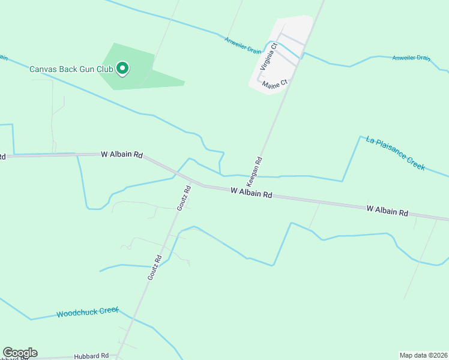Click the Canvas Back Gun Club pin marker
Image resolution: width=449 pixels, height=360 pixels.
[x=122, y=69]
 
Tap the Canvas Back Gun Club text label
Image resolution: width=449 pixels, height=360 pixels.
[x=71, y=70]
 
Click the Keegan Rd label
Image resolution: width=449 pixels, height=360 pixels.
[x=255, y=170]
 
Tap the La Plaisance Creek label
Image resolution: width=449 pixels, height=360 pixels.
[x=395, y=154]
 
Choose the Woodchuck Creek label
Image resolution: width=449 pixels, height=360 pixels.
[x=88, y=313]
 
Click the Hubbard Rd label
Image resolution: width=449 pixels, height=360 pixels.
[x=91, y=356]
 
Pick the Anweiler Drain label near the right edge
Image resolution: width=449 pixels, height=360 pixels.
[x=411, y=58]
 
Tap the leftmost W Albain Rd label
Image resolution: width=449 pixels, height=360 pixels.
[x=122, y=154]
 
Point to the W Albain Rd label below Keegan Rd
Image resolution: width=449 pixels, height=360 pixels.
[x=252, y=193]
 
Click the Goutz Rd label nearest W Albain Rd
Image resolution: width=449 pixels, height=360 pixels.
[x=184, y=197]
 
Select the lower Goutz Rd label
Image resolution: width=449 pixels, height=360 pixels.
[x=155, y=268]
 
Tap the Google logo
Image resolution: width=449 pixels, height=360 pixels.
[x=20, y=353]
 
